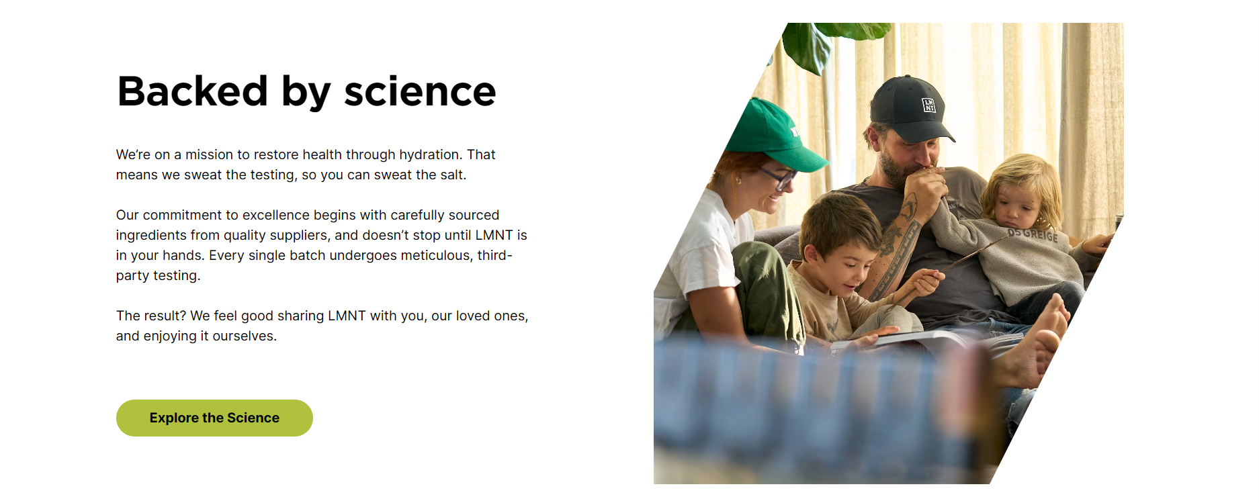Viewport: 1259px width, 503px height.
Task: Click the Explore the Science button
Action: [x=214, y=418]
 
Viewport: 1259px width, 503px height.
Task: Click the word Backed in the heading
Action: [x=193, y=91]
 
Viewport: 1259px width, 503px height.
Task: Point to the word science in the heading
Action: [x=420, y=91]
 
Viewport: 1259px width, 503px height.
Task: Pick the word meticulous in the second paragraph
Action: [x=437, y=255]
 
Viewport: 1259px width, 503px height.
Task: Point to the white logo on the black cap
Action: [x=928, y=105]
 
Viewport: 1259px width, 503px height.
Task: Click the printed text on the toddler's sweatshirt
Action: [x=1033, y=234]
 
